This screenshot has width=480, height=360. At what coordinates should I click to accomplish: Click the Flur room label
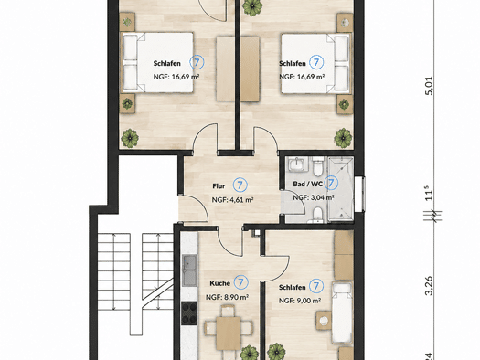(219, 186)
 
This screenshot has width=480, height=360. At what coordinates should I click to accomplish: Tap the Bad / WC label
(307, 184)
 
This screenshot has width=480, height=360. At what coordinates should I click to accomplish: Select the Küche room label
(219, 283)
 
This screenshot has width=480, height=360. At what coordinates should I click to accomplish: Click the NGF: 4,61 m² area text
(232, 200)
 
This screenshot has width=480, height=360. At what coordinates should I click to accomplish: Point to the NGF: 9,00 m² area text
(300, 301)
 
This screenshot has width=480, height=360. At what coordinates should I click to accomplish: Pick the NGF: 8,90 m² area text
(227, 297)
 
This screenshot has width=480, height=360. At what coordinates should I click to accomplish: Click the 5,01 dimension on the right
(430, 86)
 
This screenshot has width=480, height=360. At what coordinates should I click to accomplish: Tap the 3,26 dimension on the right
(430, 286)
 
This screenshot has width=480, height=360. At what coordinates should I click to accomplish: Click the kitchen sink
(189, 270)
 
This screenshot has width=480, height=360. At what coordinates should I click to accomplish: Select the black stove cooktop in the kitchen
(189, 313)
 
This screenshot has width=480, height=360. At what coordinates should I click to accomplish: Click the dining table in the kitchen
(229, 334)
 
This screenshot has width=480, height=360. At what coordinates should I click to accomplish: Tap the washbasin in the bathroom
(295, 164)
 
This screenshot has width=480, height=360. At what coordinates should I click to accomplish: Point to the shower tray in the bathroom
(341, 189)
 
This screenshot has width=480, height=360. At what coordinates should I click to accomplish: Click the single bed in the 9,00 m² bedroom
(342, 312)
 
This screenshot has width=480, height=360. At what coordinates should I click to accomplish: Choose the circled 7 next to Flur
(240, 185)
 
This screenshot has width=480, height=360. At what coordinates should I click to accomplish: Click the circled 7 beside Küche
(241, 282)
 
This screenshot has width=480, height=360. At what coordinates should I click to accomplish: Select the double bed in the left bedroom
(158, 62)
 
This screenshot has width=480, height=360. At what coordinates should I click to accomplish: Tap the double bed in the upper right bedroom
(316, 63)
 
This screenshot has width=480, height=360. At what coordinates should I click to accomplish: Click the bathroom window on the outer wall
(361, 194)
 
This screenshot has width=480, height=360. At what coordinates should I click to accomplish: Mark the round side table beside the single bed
(324, 321)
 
